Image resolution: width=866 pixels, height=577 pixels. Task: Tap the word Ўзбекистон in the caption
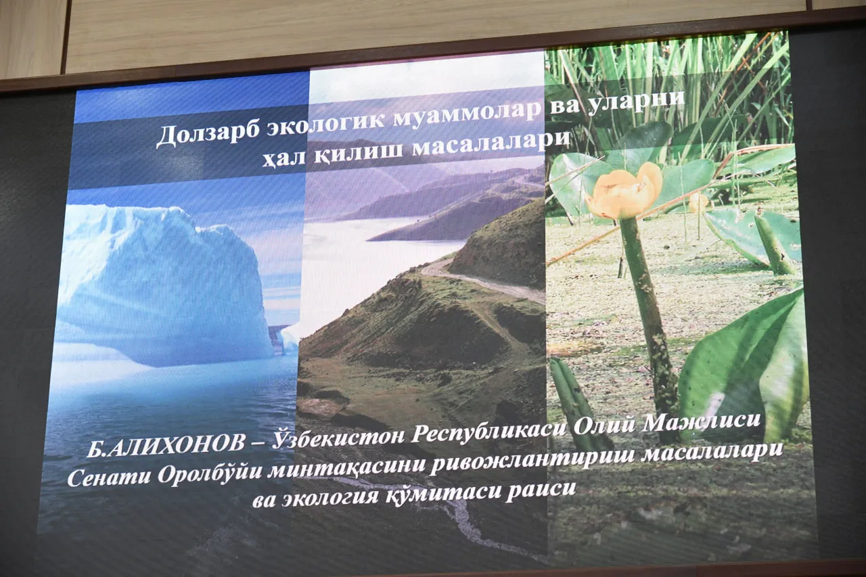click(338, 438)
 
